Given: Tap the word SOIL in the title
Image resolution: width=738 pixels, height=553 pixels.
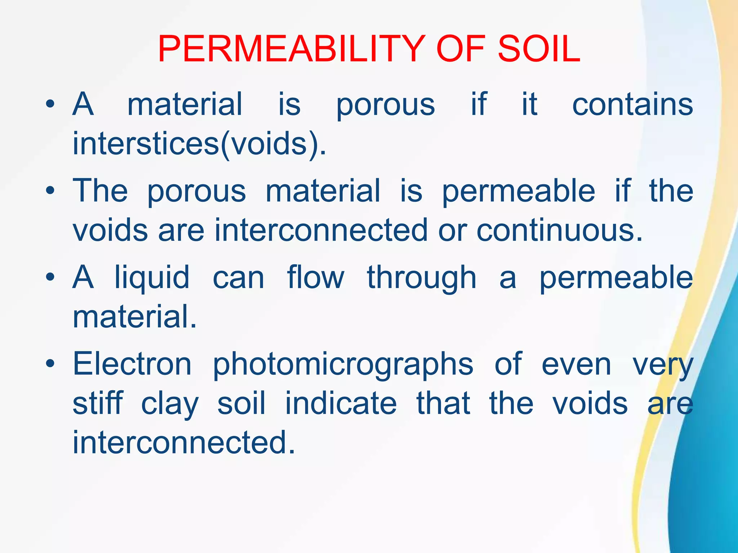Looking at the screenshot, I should (x=539, y=49).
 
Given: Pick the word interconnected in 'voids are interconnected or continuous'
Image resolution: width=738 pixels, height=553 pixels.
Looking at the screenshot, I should (x=321, y=230).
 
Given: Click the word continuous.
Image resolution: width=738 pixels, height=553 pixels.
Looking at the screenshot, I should (x=560, y=230).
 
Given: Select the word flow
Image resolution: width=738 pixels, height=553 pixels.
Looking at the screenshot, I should (x=316, y=277).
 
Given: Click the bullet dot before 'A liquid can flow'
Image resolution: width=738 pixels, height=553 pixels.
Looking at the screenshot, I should (x=50, y=277).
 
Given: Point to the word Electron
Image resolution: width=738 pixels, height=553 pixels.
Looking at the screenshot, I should (x=132, y=364).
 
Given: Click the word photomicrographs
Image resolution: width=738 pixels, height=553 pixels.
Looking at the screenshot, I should (x=343, y=365).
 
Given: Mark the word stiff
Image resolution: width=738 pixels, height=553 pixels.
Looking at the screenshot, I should (x=98, y=403).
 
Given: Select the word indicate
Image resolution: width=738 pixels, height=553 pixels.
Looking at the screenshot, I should (x=341, y=403).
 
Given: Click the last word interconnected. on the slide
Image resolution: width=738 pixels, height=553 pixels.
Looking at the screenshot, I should (x=184, y=442).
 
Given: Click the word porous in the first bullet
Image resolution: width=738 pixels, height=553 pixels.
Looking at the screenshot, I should (x=386, y=105).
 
